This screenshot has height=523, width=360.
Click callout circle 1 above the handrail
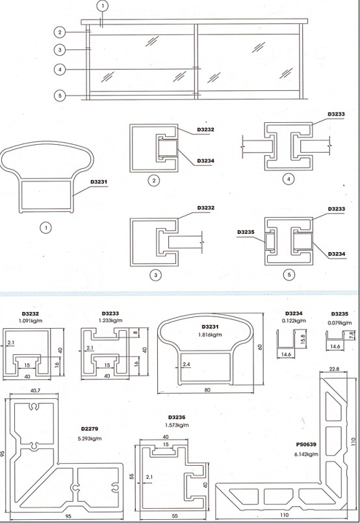[x=103, y=6]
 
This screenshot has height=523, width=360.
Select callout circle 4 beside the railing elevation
[x=60, y=70]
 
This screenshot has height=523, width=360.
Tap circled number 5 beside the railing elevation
[x=60, y=96]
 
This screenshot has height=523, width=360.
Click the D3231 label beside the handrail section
[x=99, y=182]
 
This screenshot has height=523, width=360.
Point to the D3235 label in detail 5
[x=246, y=232]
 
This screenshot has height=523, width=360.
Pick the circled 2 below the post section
[x=154, y=181]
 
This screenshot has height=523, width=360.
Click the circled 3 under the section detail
[x=155, y=275]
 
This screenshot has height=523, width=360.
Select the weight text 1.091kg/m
[x=31, y=321]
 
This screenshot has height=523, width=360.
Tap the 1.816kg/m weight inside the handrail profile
[x=210, y=335]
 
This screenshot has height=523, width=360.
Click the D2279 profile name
[x=90, y=429]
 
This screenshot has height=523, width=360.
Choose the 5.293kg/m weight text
[x=90, y=439]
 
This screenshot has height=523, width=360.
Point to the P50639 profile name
[x=306, y=444]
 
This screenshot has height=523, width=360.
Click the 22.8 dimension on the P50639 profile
[x=334, y=369]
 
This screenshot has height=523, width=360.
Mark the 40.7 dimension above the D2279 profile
[x=35, y=390]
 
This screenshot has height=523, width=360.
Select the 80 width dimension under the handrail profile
[x=207, y=390]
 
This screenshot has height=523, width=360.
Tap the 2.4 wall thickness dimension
[x=186, y=364]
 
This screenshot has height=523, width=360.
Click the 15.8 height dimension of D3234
[x=303, y=340]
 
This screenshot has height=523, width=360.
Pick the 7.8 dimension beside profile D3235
[x=351, y=335]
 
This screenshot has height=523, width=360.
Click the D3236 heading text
[x=177, y=417]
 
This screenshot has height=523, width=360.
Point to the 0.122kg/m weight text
[x=294, y=321]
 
